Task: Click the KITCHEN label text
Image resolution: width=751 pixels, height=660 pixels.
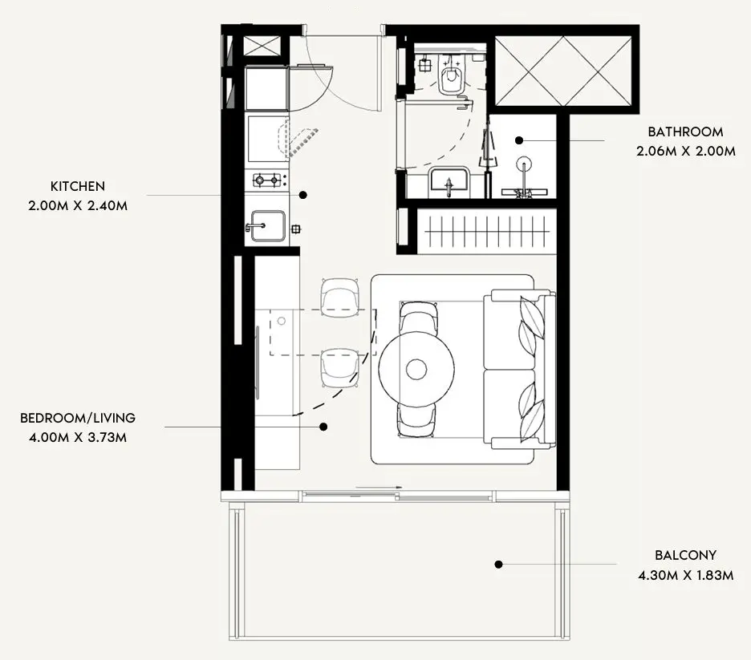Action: coord(78,186)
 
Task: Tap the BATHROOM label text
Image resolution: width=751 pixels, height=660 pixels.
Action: coord(685,132)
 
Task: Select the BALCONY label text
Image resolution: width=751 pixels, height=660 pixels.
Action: coord(685,555)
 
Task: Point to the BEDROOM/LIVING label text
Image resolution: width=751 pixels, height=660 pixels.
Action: coord(78,418)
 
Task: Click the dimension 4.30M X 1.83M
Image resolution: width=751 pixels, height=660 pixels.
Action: coord(685,575)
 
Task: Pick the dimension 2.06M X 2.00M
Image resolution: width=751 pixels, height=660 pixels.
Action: coord(685,152)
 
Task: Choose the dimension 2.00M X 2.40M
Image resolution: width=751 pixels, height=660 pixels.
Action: coord(78,206)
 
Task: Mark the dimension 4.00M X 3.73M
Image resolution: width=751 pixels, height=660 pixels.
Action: coord(78,437)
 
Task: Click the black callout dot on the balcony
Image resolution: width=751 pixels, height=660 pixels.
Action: coord(498,565)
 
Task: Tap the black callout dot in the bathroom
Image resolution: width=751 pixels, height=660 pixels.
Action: coord(519,140)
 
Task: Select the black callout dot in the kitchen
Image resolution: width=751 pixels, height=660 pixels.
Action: coord(302,195)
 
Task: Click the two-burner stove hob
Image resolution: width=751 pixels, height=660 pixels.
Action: coord(267,180)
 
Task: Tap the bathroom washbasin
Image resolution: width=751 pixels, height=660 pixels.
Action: coord(449,182)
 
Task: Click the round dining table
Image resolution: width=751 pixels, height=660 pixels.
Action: coord(416,369)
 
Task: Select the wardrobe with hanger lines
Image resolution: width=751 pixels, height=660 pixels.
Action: coord(487,231)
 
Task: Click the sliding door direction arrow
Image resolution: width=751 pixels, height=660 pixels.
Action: coord(379,488)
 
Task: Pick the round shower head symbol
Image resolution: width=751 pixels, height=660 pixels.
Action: coord(524,164)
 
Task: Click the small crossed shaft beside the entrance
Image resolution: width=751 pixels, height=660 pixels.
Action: coord(262,46)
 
